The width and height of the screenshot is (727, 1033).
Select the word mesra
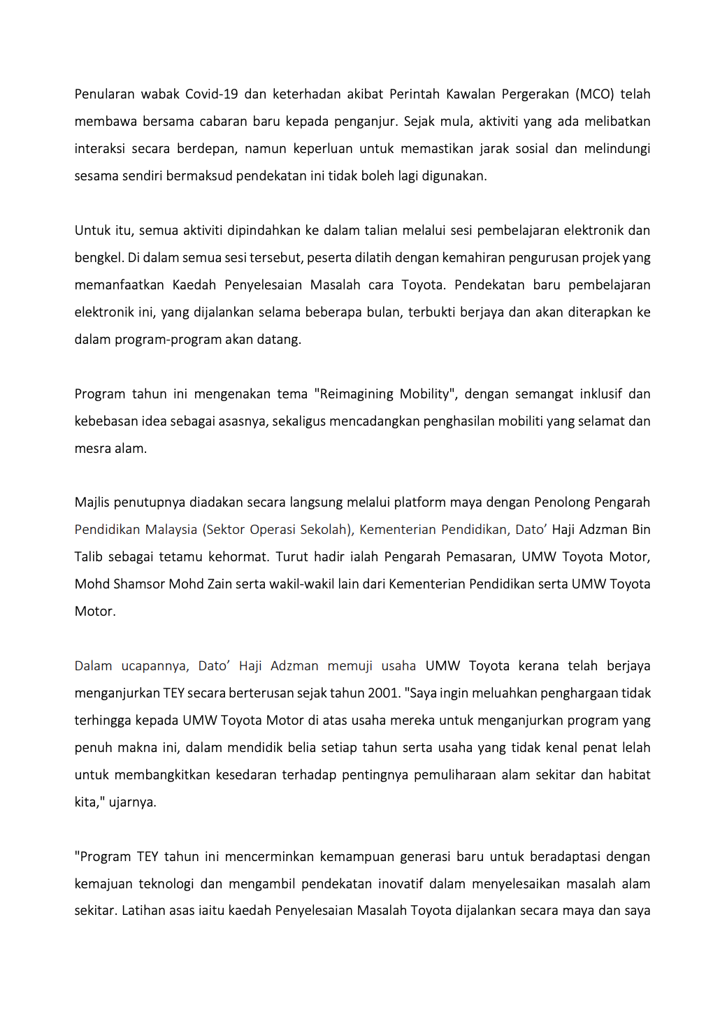[91, 449]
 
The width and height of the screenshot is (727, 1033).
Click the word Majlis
[92, 503]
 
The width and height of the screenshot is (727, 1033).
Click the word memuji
[350, 666]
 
